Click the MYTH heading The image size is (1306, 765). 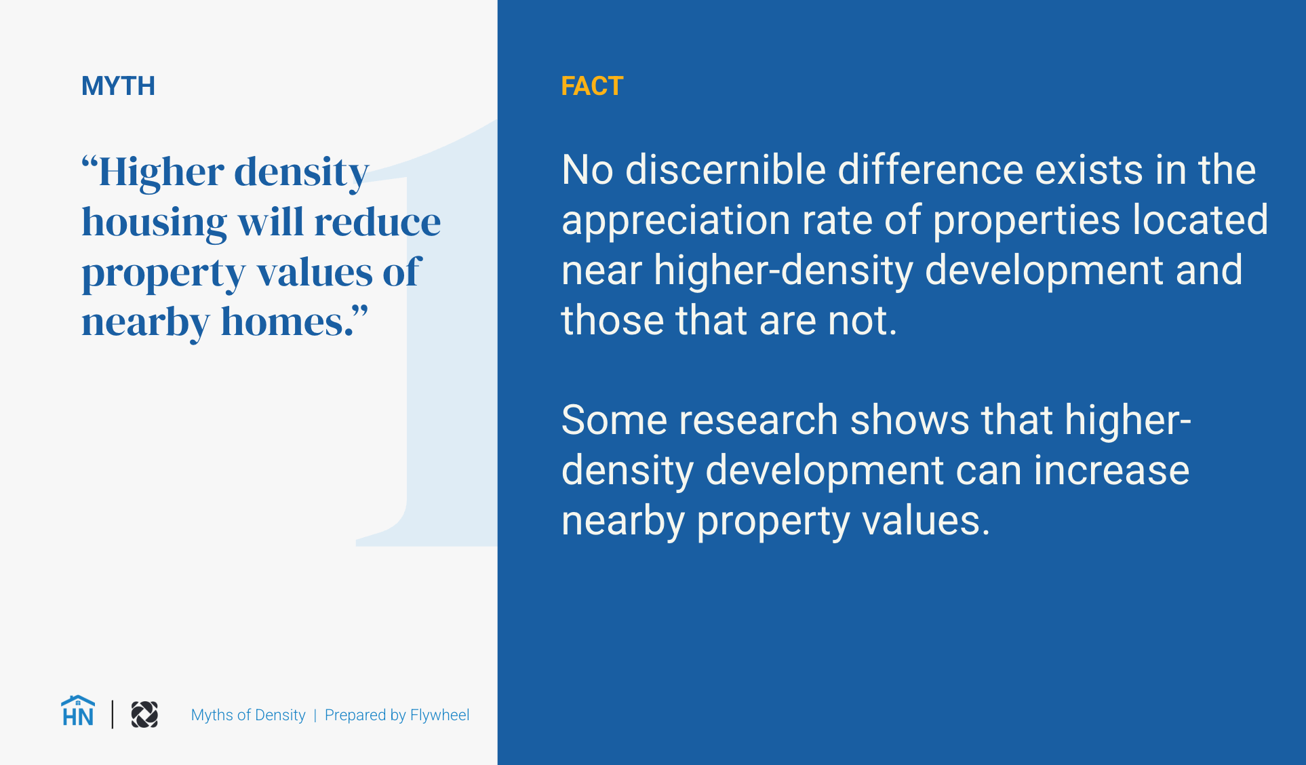pyautogui.click(x=118, y=86)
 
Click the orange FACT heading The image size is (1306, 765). pyautogui.click(x=591, y=86)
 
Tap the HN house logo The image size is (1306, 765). pyautogui.click(x=77, y=712)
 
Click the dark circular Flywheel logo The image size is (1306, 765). pyautogui.click(x=144, y=715)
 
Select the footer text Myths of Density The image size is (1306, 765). pyautogui.click(x=248, y=715)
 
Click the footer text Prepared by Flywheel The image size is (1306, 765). pyautogui.click(x=397, y=715)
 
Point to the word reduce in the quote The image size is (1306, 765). pyautogui.click(x=377, y=222)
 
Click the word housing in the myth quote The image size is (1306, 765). pyautogui.click(x=154, y=222)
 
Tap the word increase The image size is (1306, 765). pyautogui.click(x=1111, y=470)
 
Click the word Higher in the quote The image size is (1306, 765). pyautogui.click(x=161, y=172)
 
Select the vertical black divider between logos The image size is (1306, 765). pyautogui.click(x=113, y=715)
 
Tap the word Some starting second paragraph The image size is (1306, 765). pyautogui.click(x=614, y=420)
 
